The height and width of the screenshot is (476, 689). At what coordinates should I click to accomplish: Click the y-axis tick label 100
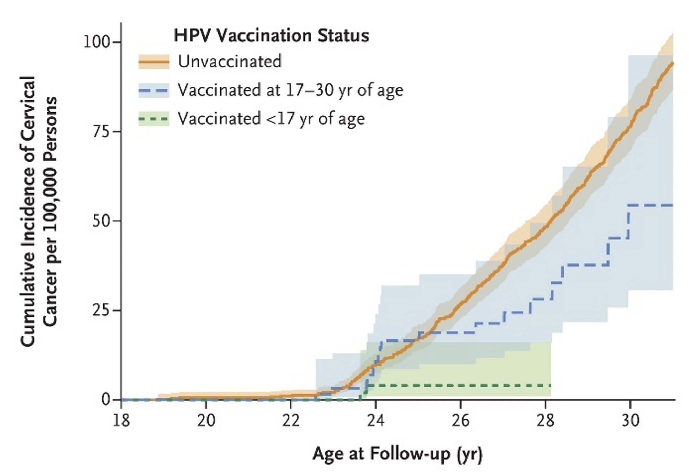pyautogui.click(x=97, y=42)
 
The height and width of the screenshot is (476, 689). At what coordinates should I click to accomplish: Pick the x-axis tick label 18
pyautogui.click(x=121, y=420)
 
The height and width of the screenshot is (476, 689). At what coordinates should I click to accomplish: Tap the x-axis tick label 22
pyautogui.click(x=291, y=420)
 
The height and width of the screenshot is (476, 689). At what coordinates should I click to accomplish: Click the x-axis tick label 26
pyautogui.click(x=460, y=420)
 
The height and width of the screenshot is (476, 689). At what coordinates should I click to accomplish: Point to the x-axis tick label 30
pyautogui.click(x=630, y=420)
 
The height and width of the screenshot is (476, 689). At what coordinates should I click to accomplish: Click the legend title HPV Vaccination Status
pyautogui.click(x=271, y=35)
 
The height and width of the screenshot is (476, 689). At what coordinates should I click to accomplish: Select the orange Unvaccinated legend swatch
pyautogui.click(x=154, y=62)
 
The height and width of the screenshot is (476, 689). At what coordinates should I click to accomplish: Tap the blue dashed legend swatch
pyautogui.click(x=154, y=91)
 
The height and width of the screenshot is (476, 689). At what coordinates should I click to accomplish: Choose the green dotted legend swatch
pyautogui.click(x=154, y=119)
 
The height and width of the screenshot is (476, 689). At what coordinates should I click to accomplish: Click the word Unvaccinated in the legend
pyautogui.click(x=230, y=62)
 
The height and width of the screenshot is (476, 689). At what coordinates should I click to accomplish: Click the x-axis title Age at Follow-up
pyautogui.click(x=397, y=454)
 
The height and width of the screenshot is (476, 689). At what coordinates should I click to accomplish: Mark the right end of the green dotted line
pyautogui.click(x=550, y=386)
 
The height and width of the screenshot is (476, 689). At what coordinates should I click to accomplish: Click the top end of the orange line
pyautogui.click(x=672, y=63)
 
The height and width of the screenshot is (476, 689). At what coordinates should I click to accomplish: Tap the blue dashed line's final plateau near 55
pyautogui.click(x=650, y=205)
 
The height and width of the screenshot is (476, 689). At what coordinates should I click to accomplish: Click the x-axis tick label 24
pyautogui.click(x=375, y=420)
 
